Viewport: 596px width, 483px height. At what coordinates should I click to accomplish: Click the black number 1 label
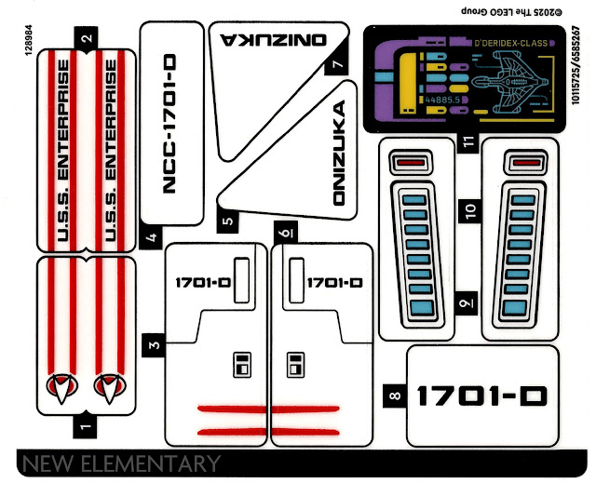86,427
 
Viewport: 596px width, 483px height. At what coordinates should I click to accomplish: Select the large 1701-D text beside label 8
481,396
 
